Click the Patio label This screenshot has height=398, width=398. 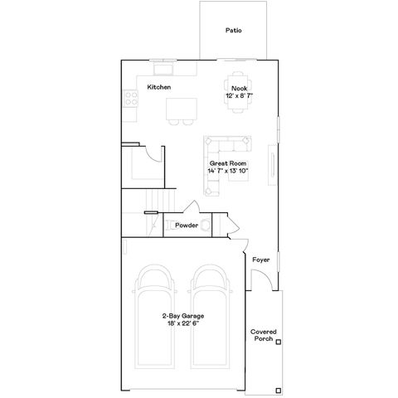[234, 31]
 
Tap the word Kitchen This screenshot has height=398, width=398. [159, 87]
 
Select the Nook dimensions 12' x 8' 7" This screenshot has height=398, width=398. [239, 96]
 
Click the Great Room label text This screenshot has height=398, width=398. [229, 163]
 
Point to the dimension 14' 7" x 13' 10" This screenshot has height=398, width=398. [229, 171]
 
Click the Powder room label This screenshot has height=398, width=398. [187, 225]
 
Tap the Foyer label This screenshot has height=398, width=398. [261, 259]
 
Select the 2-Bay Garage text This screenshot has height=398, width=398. [184, 316]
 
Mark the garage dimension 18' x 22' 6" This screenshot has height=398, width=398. [184, 323]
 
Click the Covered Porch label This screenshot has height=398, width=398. [264, 335]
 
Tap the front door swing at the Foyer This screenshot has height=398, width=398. [263, 279]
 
